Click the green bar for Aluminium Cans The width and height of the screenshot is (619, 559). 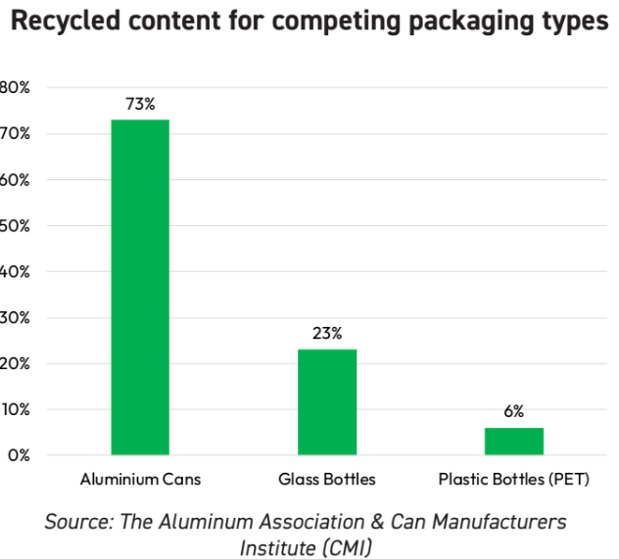coord(140,287)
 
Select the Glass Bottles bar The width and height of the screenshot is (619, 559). coord(327,402)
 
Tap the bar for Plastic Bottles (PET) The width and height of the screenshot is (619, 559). coord(514,442)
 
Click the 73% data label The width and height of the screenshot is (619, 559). coord(140,104)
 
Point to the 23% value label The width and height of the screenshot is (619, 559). coord(327,334)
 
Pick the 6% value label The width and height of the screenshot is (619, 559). coord(514,412)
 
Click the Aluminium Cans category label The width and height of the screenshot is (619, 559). coord(140,480)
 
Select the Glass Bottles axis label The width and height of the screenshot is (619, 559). coord(327,480)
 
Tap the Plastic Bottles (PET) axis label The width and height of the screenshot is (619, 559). coord(514,480)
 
